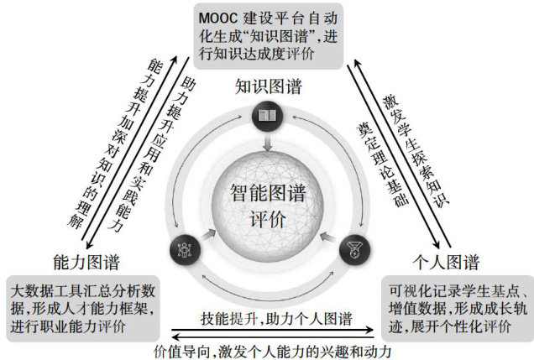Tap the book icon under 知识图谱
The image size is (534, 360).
pos(268,116)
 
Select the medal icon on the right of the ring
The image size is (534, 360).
pos(353,248)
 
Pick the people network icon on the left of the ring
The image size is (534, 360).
pos(183,248)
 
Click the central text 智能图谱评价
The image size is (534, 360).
pos(268,206)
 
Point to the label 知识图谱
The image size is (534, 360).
pos(268,87)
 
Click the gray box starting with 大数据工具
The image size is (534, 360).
pos(83,307)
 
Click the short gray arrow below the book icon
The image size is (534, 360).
pos(268,143)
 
